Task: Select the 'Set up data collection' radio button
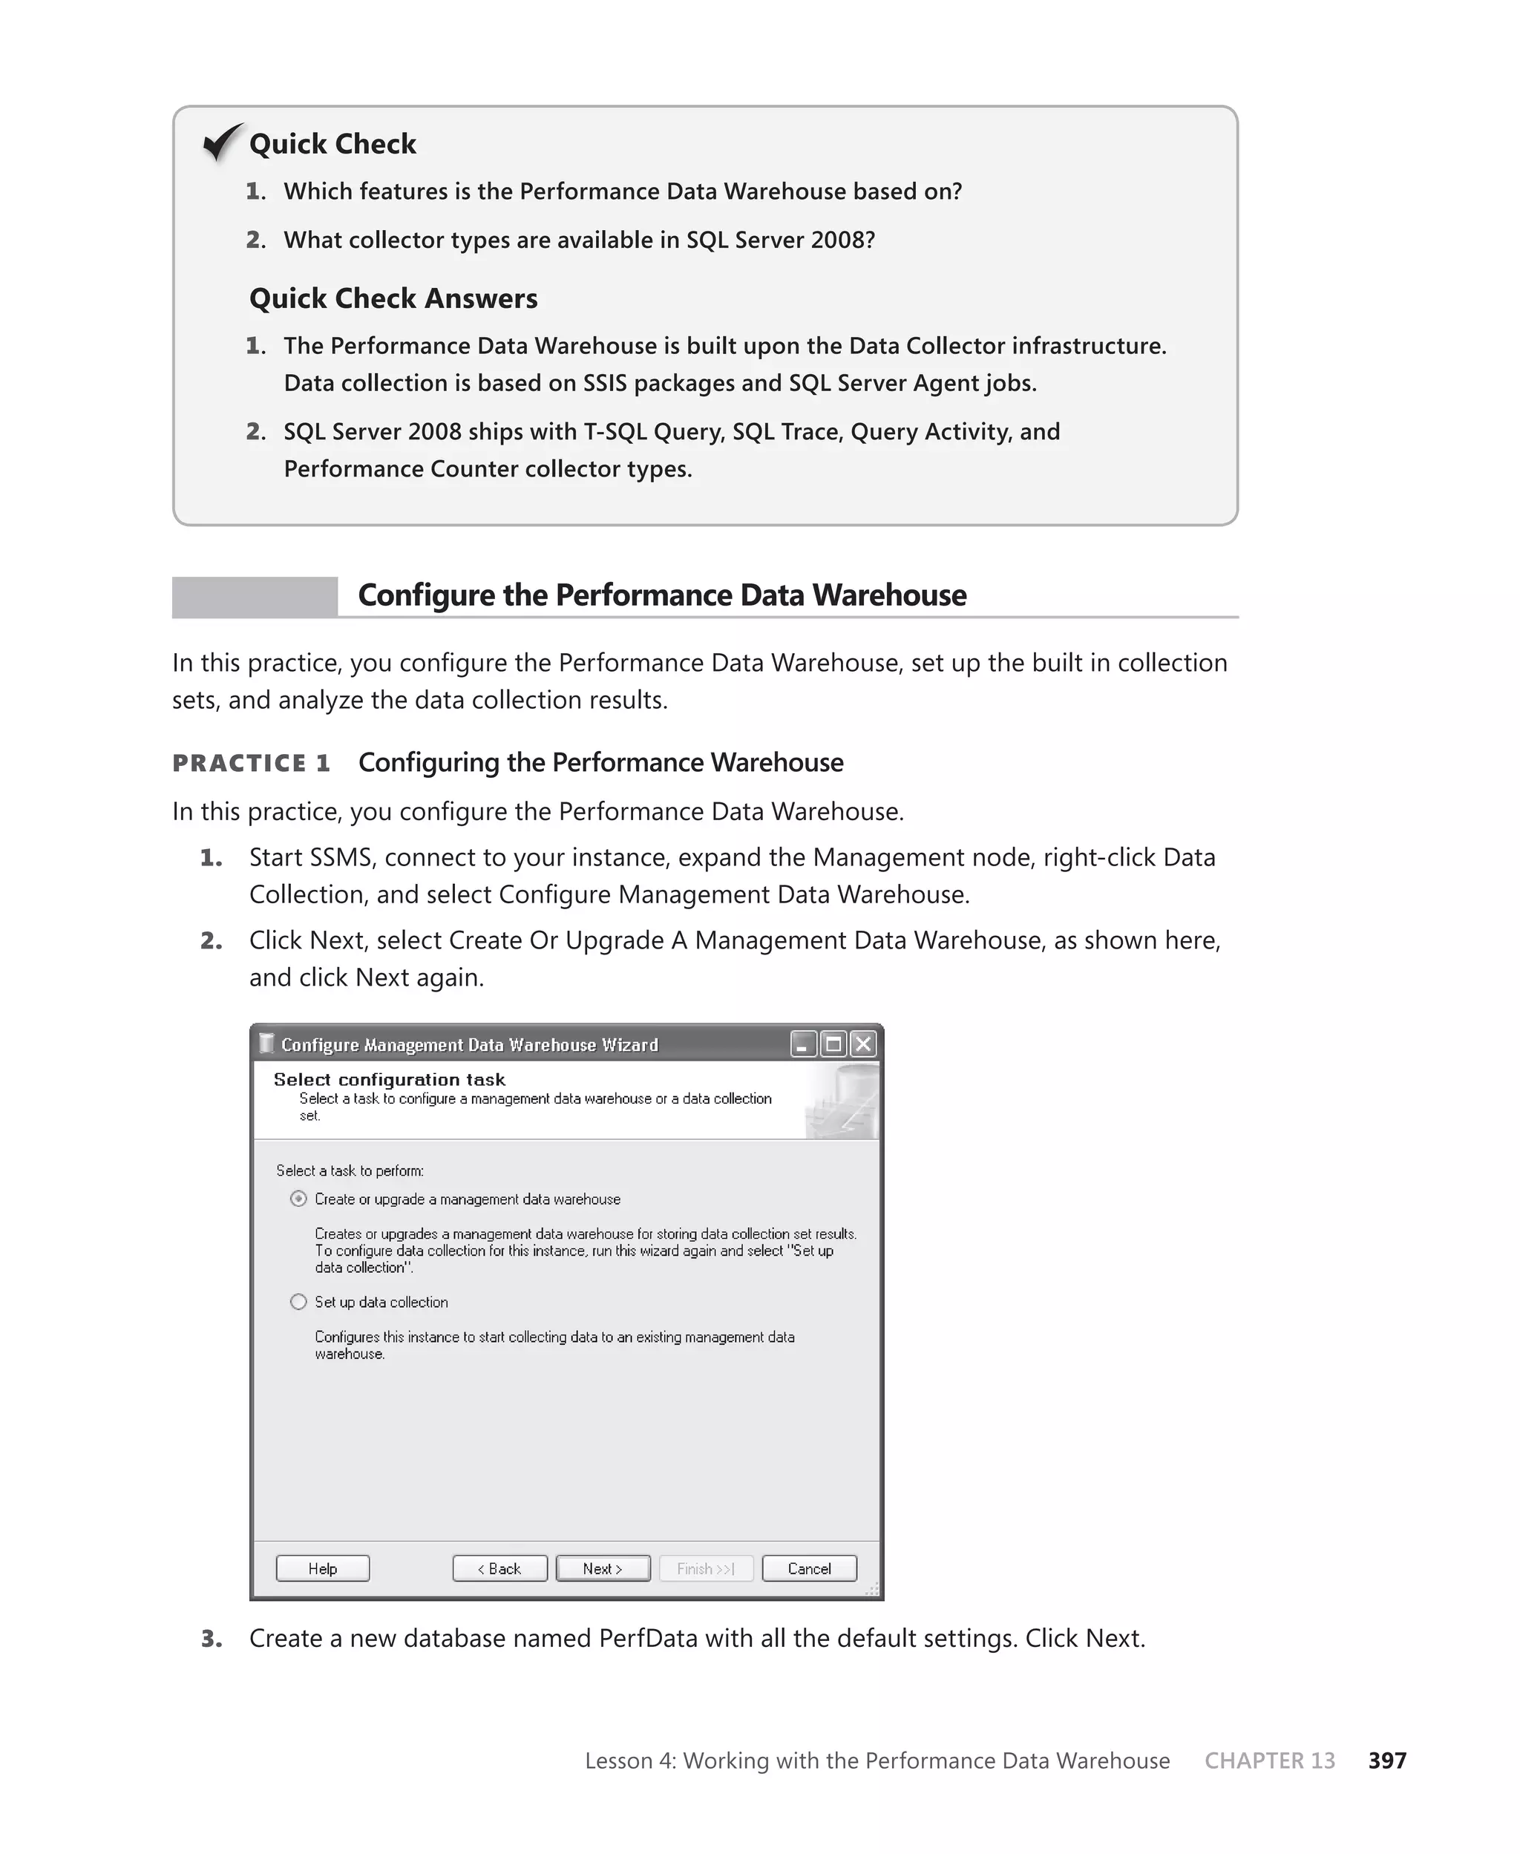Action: [x=298, y=1302]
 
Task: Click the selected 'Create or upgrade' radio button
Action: [x=298, y=1199]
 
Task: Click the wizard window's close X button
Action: [x=863, y=1044]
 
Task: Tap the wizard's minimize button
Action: [x=803, y=1044]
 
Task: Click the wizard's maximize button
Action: [x=833, y=1044]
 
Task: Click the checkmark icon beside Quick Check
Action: [x=223, y=142]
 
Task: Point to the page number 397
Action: [x=1387, y=1760]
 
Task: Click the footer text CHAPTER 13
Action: [x=1270, y=1760]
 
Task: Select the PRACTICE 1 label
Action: [x=252, y=763]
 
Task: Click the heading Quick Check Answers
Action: [x=393, y=298]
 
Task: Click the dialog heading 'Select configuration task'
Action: [x=389, y=1079]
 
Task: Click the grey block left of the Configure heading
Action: [x=254, y=597]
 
